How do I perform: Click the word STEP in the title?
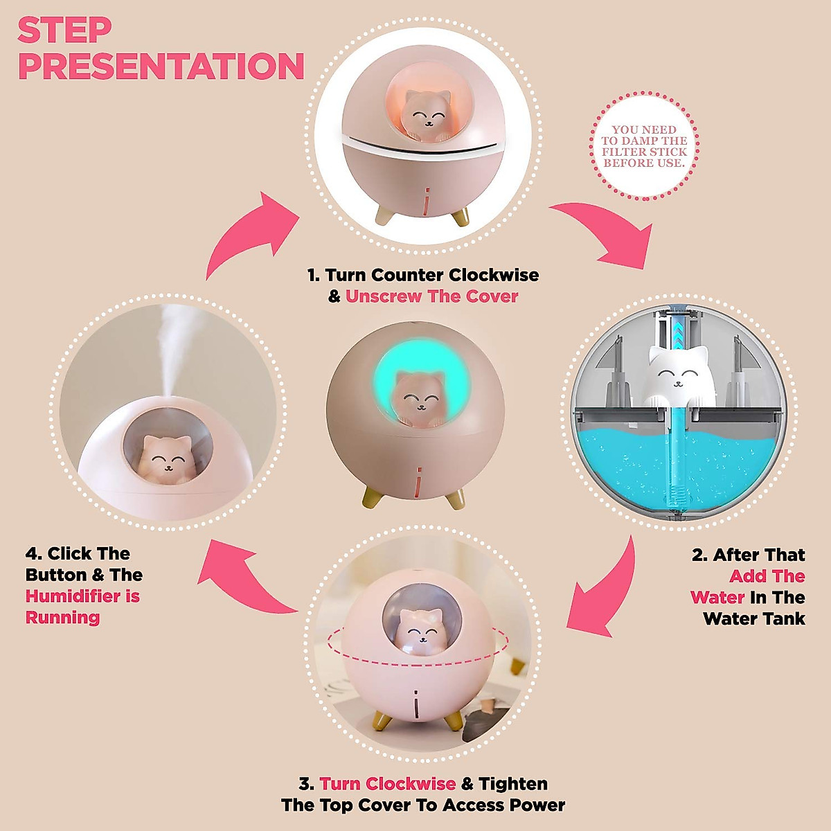(64, 30)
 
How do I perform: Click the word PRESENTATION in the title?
(161, 66)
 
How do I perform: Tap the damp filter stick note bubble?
(644, 147)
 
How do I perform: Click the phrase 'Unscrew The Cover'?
(431, 296)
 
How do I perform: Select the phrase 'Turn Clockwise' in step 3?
(387, 784)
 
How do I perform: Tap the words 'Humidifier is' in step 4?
(82, 596)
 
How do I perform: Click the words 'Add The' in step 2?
(767, 576)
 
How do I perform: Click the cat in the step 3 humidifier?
(420, 630)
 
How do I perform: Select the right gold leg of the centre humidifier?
(455, 497)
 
